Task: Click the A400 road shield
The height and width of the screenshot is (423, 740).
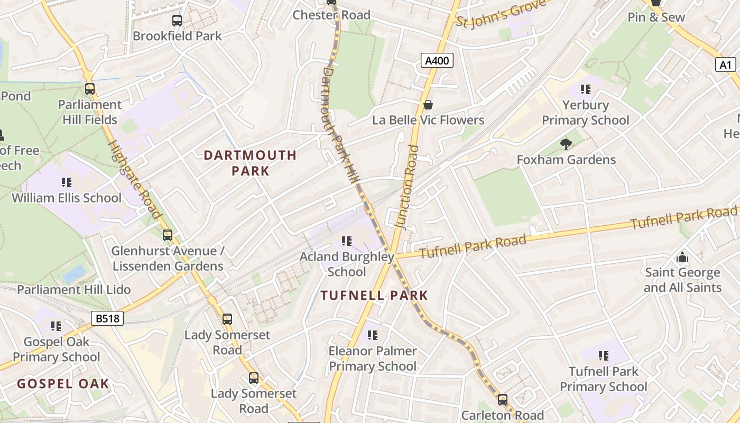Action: [x=437, y=61]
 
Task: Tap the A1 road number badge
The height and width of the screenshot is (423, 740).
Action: [x=725, y=65]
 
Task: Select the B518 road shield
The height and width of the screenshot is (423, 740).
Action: [x=107, y=318]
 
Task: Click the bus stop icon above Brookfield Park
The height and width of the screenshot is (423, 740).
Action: [x=177, y=21]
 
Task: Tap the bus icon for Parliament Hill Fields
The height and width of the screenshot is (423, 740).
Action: [x=90, y=89]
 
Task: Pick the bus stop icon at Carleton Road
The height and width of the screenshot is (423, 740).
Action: [x=502, y=400]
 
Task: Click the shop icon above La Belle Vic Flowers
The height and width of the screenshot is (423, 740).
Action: [x=428, y=105]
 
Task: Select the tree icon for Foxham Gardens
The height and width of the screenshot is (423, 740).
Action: [x=566, y=144]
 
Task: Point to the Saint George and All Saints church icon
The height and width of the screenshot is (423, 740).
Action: [x=682, y=257]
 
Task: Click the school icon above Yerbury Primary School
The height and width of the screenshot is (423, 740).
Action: [x=585, y=89]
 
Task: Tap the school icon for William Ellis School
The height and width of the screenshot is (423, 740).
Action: [x=67, y=182]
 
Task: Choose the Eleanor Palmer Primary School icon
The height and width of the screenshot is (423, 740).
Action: [x=373, y=335]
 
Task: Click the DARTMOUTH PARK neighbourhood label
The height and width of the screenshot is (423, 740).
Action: [x=250, y=163]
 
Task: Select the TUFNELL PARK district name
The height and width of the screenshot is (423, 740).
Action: [x=374, y=296]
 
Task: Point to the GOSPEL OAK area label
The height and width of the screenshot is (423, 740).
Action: [x=63, y=384]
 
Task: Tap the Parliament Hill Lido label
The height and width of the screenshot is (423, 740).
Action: [x=73, y=290]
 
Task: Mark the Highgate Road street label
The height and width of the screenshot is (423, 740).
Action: [x=134, y=179]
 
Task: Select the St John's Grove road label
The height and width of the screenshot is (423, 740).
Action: [x=499, y=14]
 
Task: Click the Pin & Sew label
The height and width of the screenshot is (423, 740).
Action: [x=656, y=17]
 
